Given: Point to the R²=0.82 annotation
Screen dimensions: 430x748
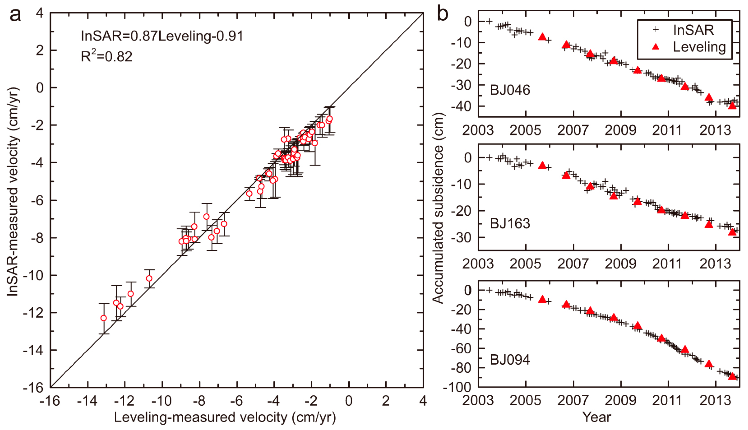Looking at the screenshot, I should (106, 56).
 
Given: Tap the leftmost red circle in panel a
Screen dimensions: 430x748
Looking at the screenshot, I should (104, 318).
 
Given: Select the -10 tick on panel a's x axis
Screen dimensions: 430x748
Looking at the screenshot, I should (162, 401).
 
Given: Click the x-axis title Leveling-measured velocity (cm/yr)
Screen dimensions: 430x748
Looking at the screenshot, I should (225, 417).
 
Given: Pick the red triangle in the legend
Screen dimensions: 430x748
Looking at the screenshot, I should (656, 47).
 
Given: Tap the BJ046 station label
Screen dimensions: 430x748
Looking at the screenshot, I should (510, 90).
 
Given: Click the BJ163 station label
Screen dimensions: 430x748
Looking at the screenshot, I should (510, 224).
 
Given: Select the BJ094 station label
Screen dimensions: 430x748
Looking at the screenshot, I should (510, 360).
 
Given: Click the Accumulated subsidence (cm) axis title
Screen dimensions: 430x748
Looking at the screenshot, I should (438, 208).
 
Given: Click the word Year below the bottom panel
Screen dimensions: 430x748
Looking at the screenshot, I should (596, 417).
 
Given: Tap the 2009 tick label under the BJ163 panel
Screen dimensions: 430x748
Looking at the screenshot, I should (620, 264).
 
